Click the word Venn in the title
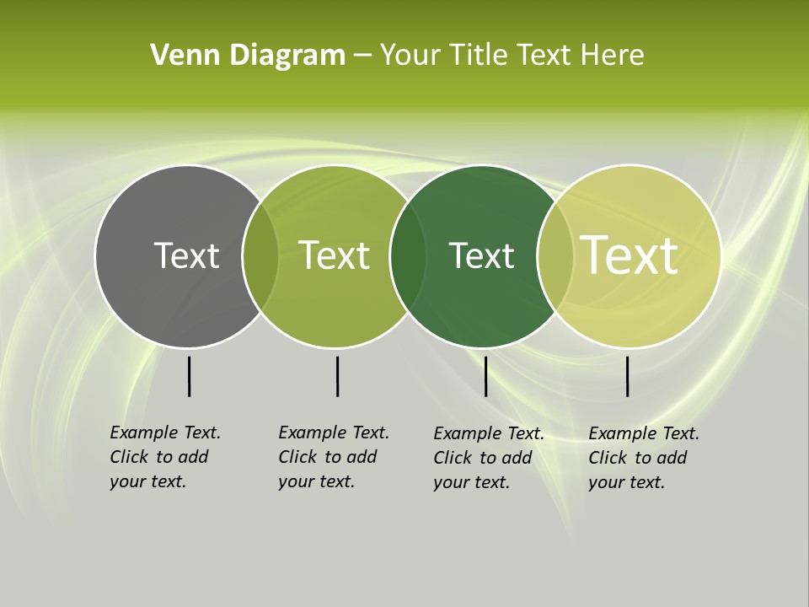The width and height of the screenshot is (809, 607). coord(176,56)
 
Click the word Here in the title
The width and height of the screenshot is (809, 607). coord(613,56)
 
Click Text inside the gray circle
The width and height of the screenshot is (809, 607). coord(186,255)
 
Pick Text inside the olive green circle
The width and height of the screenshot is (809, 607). coord(335,255)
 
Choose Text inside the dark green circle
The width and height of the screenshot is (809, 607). coord(481,255)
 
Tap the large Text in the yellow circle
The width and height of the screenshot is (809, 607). coord(630,255)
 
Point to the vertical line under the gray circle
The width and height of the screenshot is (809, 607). coord(189,376)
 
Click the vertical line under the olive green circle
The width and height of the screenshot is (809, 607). coord(337,376)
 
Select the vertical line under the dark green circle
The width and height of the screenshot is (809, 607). coord(485,376)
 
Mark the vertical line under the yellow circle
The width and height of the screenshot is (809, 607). coord(628,376)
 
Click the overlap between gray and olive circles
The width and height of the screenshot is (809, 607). coord(260,255)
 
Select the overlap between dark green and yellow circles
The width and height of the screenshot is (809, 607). coord(554,255)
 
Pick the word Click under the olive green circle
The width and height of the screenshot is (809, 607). coord(297,457)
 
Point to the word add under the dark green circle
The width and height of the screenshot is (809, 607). coord(517,458)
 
